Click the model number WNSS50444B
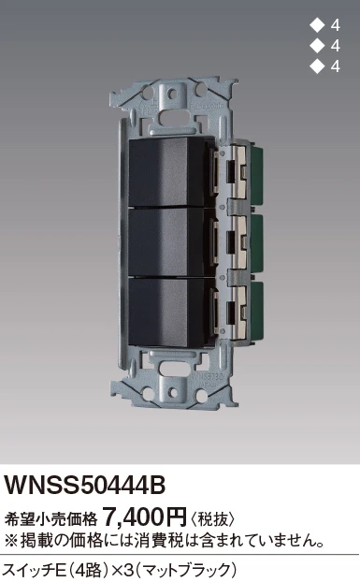[84, 485]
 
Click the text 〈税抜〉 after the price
[213, 518]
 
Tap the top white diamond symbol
[316, 25]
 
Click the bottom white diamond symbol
[316, 66]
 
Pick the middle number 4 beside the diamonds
[335, 47]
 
